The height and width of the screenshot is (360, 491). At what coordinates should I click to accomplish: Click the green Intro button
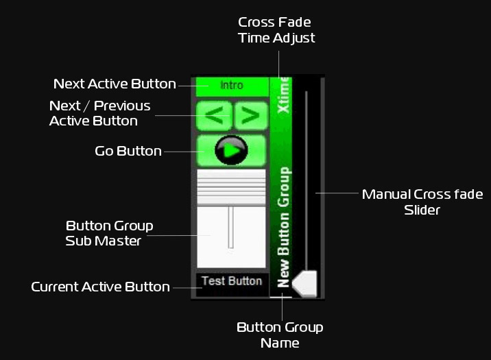click(x=232, y=86)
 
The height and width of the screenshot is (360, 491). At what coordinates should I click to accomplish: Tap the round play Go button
click(x=231, y=149)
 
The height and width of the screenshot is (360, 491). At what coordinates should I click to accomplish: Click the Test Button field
click(x=231, y=281)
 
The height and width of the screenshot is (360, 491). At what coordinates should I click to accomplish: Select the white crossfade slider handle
click(x=304, y=283)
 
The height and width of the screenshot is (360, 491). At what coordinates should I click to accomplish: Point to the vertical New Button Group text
click(x=283, y=226)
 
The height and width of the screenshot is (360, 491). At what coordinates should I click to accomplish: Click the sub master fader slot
click(x=231, y=227)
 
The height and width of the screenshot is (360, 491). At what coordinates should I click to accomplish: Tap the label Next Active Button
click(x=115, y=84)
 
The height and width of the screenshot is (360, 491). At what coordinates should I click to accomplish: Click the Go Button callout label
click(x=128, y=151)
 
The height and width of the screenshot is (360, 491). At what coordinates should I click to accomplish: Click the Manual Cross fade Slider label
click(x=422, y=202)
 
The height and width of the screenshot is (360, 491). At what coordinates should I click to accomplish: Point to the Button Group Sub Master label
click(x=110, y=232)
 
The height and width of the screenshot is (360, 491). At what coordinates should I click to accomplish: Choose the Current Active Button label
click(x=100, y=287)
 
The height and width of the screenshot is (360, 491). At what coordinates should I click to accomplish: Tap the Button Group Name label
click(x=280, y=335)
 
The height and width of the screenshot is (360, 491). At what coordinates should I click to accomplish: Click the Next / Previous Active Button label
click(x=100, y=113)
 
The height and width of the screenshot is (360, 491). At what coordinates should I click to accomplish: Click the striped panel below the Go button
click(x=231, y=187)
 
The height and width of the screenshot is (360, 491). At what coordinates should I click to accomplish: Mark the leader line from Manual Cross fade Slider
click(x=336, y=193)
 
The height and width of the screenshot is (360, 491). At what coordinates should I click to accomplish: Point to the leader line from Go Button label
click(x=180, y=151)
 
